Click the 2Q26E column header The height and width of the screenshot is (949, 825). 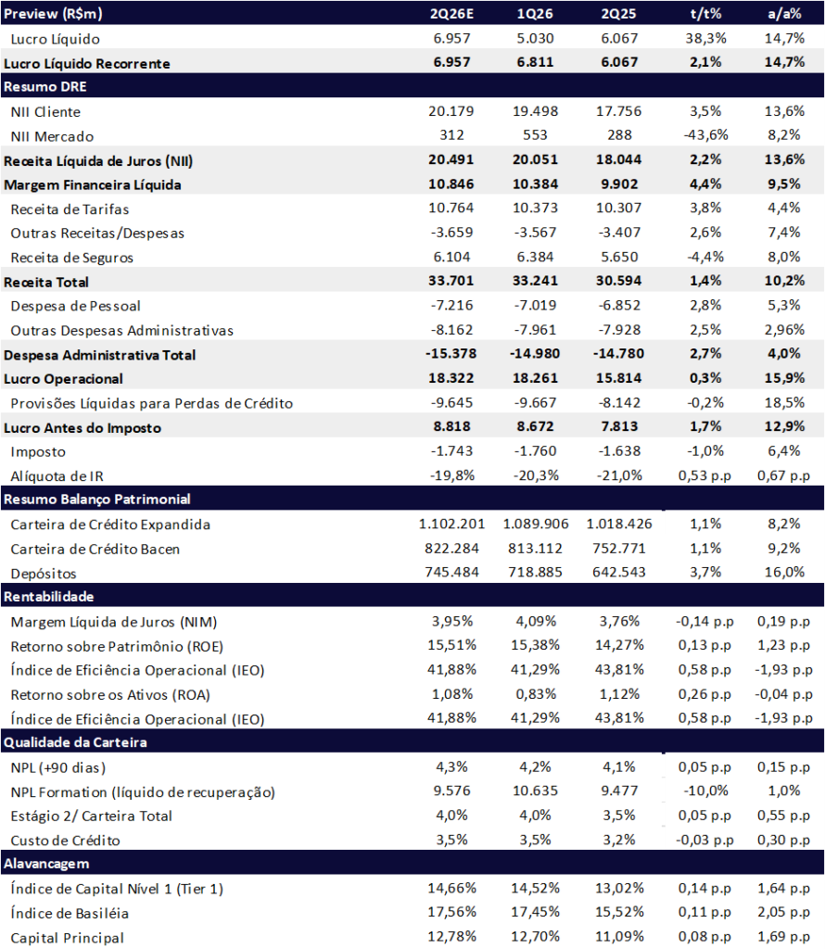pos(451,13)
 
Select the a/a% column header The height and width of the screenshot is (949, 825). pos(784,13)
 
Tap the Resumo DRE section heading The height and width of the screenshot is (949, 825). pos(45,86)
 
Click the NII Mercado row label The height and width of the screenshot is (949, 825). pos(52,136)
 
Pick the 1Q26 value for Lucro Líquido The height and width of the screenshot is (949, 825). pos(535,38)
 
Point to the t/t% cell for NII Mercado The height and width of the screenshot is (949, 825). pos(705,135)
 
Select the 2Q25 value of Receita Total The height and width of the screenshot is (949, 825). pos(618,281)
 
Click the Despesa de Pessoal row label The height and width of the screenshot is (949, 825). pos(76,306)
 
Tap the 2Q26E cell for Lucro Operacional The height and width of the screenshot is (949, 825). pos(451,378)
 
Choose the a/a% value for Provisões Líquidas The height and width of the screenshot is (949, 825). pos(784,402)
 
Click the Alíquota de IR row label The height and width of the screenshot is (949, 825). pos(57,476)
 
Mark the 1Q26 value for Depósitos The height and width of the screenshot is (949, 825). pos(535,572)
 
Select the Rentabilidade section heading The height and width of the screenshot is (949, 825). pos(49,597)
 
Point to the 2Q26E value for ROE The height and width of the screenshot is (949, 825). pos(451,645)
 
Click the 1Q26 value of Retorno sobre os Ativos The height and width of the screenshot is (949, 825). pos(535,694)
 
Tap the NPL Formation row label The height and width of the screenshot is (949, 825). pos(143,792)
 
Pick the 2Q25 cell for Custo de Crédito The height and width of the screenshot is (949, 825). pos(618,840)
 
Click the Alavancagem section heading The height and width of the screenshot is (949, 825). pos(46,864)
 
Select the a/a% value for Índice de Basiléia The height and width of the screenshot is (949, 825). pos(784,912)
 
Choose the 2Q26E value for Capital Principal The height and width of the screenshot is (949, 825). pos(451,937)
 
